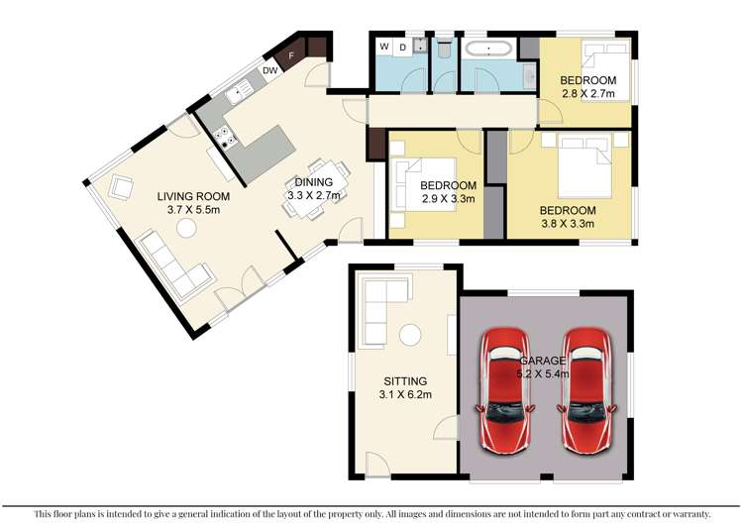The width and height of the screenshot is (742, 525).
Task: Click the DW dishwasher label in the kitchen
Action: [269, 71]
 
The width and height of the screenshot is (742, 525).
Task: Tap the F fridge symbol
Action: [290, 55]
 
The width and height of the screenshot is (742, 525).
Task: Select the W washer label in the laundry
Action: [384, 47]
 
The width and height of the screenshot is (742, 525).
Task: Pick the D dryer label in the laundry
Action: [403, 48]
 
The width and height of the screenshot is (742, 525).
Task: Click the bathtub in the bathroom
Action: [488, 49]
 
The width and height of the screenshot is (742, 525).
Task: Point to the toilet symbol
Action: [444, 49]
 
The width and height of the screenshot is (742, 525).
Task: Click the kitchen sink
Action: [239, 93]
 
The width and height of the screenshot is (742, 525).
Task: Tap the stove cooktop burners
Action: [225, 137]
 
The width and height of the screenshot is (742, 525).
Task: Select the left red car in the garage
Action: [505, 390]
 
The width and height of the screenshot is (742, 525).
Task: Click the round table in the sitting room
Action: [410, 336]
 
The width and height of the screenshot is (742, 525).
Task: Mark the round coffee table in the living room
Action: [186, 229]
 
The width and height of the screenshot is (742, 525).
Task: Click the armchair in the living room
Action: [121, 187]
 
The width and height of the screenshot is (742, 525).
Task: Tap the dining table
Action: [316, 189]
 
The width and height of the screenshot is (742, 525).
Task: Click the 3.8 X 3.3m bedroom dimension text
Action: [568, 224]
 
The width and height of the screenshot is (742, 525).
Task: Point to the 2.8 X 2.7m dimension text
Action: [588, 94]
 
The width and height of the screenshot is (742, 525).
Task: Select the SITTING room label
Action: [405, 381]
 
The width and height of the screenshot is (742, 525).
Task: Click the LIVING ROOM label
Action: [193, 196]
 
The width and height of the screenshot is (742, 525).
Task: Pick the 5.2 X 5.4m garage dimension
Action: [543, 374]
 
